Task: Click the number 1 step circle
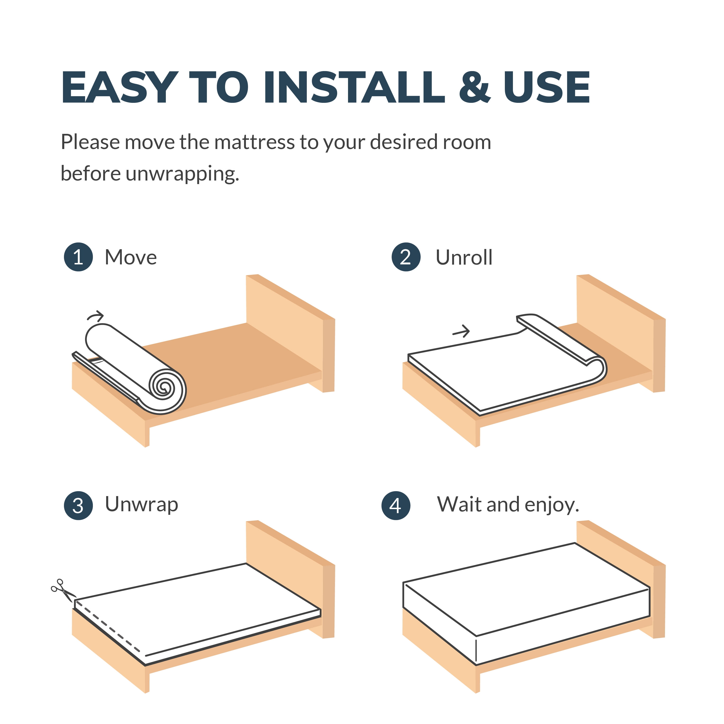78,257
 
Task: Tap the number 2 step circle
406,257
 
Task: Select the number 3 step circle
78,506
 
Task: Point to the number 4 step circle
396,506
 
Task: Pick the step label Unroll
464,258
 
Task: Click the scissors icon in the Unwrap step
63,591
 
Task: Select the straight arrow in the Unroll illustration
461,331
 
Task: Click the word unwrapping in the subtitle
182,174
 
